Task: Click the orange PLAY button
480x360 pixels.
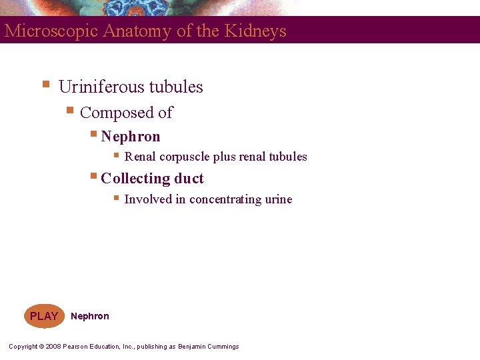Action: [x=44, y=316]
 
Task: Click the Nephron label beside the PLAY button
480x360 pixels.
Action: [x=90, y=316]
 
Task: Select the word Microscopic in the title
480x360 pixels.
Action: [x=52, y=31]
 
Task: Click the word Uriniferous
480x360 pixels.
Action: [x=101, y=87]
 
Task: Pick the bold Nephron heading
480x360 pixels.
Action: [x=131, y=137]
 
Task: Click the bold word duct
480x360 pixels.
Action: [x=189, y=179]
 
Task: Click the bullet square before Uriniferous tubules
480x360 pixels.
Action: [x=45, y=84]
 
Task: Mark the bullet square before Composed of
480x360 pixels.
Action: [x=69, y=110]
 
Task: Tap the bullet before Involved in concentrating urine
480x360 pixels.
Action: [x=115, y=197]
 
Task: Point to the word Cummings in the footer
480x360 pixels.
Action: [x=223, y=347]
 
